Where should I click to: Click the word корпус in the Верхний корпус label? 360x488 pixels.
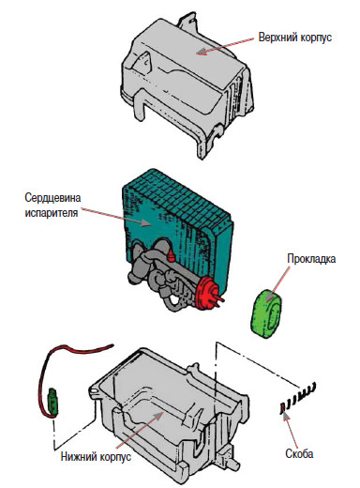(316, 38)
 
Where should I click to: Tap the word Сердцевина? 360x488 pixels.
(52, 198)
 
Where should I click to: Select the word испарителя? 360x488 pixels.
(52, 213)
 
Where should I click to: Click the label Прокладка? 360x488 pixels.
(311, 259)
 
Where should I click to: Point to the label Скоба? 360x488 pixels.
(299, 453)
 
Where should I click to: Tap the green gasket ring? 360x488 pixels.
(266, 313)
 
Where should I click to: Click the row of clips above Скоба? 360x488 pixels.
(297, 398)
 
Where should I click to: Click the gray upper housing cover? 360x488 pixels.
(187, 84)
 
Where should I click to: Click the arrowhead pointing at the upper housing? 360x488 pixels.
(202, 52)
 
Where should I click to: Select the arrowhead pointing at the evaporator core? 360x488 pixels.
(146, 223)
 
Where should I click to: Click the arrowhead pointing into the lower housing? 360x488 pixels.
(158, 416)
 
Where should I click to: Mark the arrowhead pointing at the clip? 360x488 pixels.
(285, 415)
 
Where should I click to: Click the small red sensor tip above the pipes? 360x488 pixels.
(171, 255)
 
